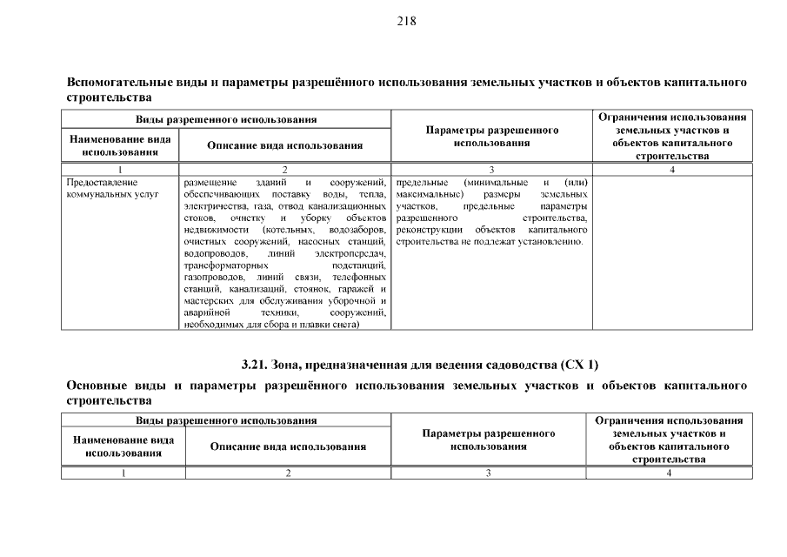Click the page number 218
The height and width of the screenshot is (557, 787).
pyautogui.click(x=407, y=22)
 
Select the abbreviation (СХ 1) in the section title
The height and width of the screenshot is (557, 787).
pyautogui.click(x=580, y=364)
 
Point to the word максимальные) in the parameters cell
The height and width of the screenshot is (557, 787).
pyautogui.click(x=423, y=194)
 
